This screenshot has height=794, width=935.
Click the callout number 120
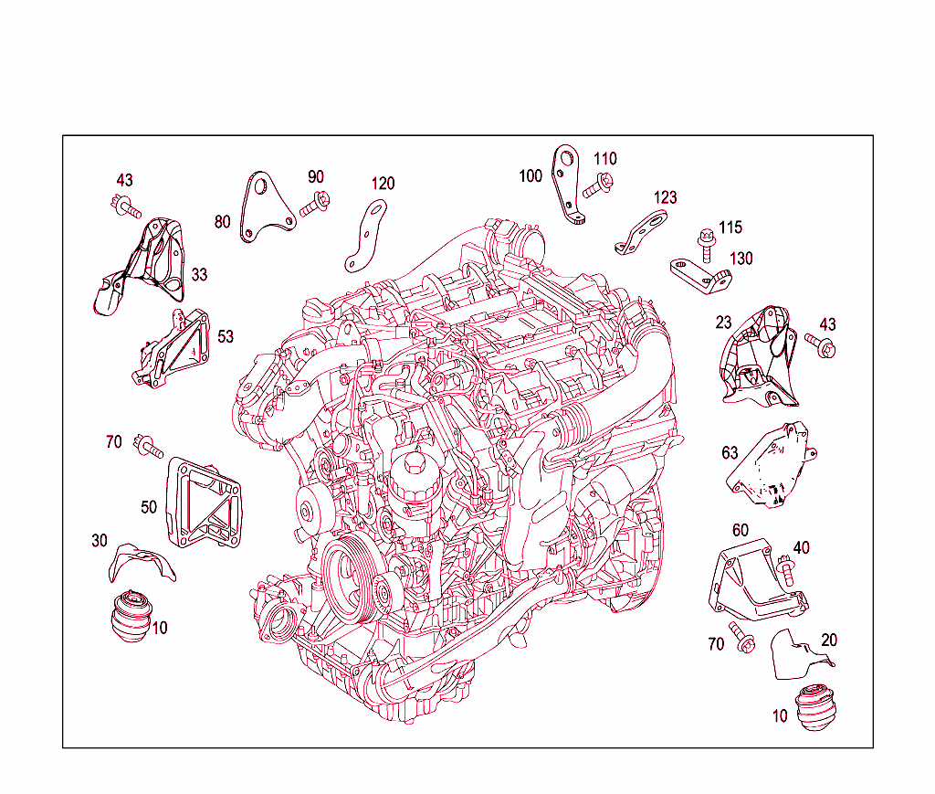[383, 184]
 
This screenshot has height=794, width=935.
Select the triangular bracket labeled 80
[264, 208]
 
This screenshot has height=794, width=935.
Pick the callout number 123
[665, 197]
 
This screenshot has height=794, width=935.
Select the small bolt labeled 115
[705, 240]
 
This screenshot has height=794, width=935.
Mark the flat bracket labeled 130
[698, 273]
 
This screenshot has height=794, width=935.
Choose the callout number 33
[199, 274]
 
